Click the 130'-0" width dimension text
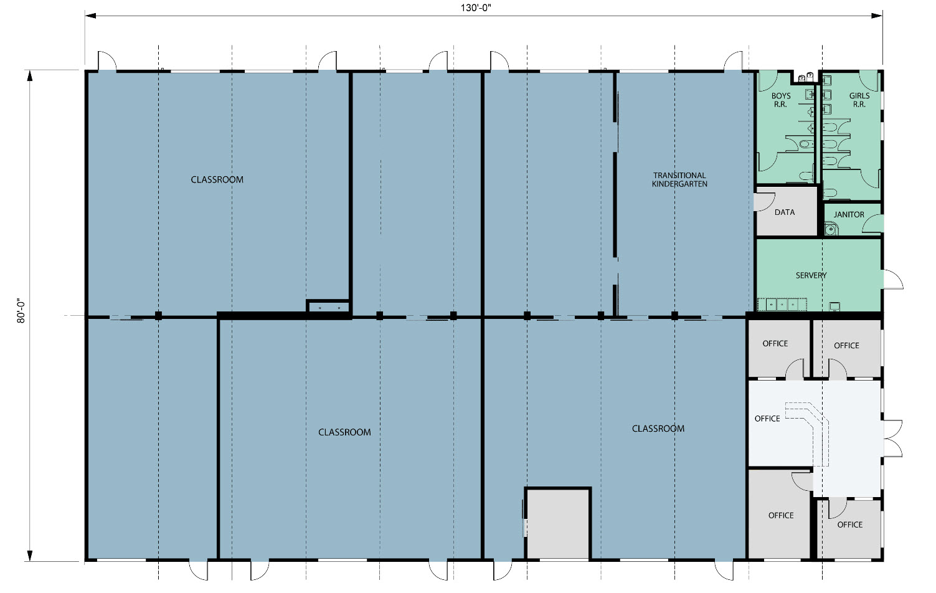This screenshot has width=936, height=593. [476, 8]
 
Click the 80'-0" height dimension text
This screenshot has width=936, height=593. [21, 310]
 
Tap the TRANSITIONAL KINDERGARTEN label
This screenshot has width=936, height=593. [679, 179]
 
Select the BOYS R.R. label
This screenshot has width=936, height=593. [780, 100]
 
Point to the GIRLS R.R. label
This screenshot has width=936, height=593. [859, 100]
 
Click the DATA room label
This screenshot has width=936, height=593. [784, 212]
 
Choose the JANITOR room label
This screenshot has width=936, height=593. [849, 214]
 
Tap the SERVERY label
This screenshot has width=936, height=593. [811, 275]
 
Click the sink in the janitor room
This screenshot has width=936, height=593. [831, 229]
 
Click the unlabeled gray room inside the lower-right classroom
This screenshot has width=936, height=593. [557, 523]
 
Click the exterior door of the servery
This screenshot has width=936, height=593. [894, 280]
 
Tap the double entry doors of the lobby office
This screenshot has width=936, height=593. [894, 439]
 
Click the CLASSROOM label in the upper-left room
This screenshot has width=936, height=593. [217, 179]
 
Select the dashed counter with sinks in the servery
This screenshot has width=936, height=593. [782, 304]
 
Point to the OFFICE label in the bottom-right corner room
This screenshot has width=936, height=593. [849, 524]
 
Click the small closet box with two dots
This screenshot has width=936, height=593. [328, 307]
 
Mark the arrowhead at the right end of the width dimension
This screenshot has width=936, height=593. [877, 16]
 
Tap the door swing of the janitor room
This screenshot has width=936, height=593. [873, 224]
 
